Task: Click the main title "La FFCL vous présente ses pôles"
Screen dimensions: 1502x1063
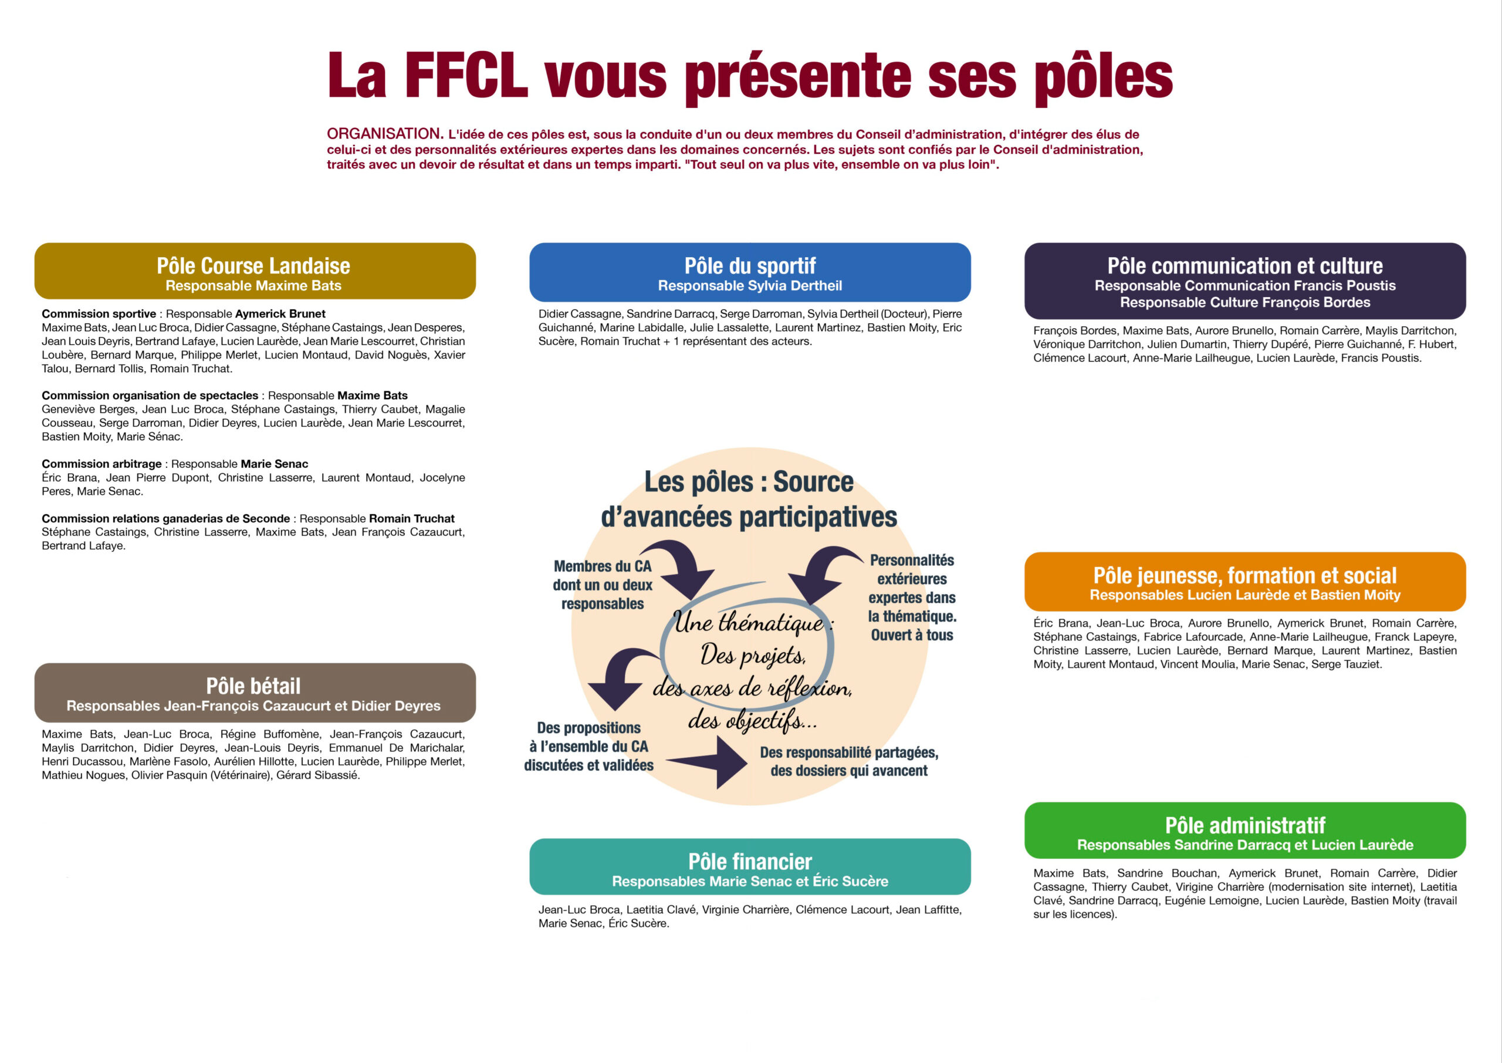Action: pos(750,77)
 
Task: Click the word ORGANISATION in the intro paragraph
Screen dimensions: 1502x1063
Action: pos(385,134)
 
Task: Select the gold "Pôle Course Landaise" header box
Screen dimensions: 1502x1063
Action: pos(255,271)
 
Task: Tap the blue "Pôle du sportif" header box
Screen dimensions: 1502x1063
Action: pos(750,272)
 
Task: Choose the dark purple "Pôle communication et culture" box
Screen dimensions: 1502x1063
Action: pos(1245,281)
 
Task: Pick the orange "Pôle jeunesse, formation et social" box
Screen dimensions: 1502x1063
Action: pos(1245,582)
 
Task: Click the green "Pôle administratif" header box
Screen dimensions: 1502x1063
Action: pos(1245,831)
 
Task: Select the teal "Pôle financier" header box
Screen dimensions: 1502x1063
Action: pos(750,866)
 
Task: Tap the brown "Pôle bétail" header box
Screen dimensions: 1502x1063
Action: pos(255,693)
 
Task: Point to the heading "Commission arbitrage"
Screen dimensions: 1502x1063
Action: pos(102,464)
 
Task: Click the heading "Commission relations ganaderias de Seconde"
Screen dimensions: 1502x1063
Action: pos(165,518)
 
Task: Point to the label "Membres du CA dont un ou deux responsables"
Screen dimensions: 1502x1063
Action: pos(603,585)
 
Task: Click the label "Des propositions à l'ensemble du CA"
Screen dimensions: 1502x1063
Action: pos(588,737)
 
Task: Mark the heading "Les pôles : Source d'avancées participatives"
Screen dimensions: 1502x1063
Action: pos(749,500)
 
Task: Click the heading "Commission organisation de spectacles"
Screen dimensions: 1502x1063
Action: pos(150,396)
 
